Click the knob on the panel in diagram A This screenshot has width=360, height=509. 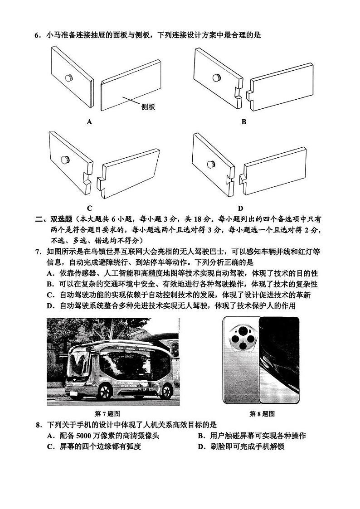click(68, 78)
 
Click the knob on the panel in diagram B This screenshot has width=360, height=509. click(215, 78)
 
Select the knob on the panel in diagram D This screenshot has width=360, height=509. click(211, 164)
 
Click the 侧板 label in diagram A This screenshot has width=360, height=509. click(148, 107)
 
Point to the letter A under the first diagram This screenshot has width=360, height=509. click(89, 121)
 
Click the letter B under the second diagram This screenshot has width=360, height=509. click(243, 121)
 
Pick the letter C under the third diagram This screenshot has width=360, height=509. click(89, 208)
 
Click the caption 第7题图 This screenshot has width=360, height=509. click(107, 414)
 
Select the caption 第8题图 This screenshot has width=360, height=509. click(262, 414)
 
